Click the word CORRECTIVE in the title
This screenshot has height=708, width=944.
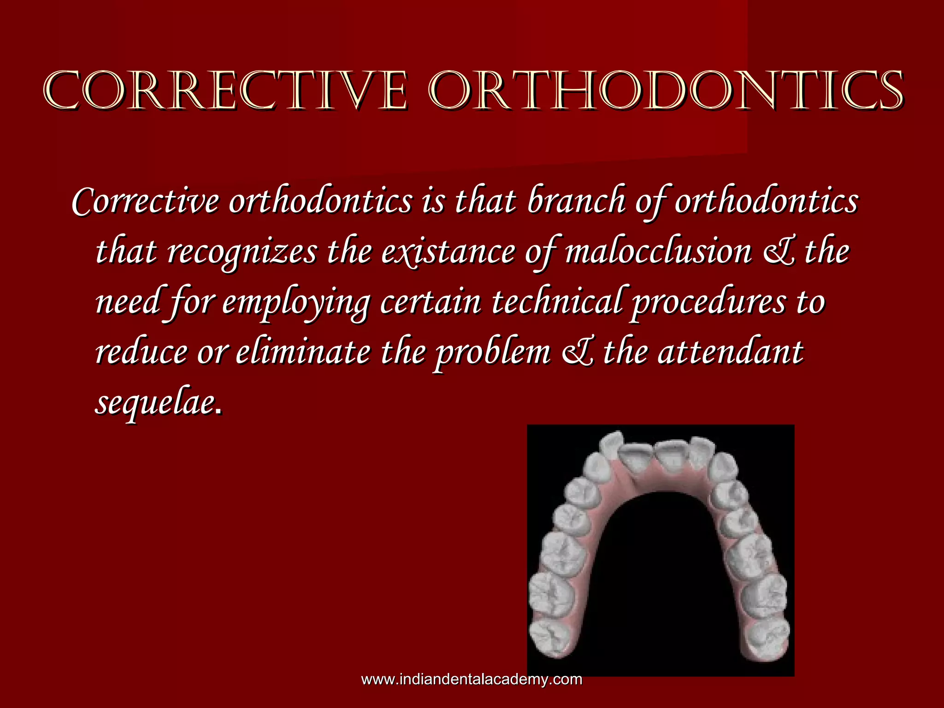point(226,91)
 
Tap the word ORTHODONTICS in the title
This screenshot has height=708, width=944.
point(666,91)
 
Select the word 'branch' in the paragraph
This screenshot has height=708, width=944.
point(576,201)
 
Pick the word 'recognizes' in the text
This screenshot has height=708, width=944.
point(242,252)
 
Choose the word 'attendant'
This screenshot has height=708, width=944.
point(731,353)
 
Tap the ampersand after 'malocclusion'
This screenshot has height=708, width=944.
point(779,252)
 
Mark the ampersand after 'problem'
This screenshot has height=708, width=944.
point(578,353)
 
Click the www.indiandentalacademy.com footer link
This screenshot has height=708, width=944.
point(472,679)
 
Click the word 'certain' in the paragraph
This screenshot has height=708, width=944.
point(431,302)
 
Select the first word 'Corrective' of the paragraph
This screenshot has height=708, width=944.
point(145,201)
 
